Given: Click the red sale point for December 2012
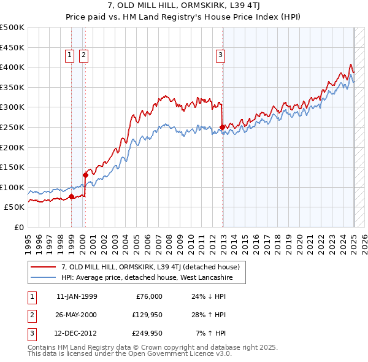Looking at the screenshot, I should pyautogui.click(x=221, y=128).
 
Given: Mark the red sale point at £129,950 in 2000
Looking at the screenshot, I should pyautogui.click(x=86, y=175).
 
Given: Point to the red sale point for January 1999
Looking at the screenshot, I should pyautogui.click(x=71, y=197).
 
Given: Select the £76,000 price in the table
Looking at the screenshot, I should pyautogui.click(x=147, y=296).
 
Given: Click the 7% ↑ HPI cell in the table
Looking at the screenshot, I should pyautogui.click(x=211, y=334).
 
